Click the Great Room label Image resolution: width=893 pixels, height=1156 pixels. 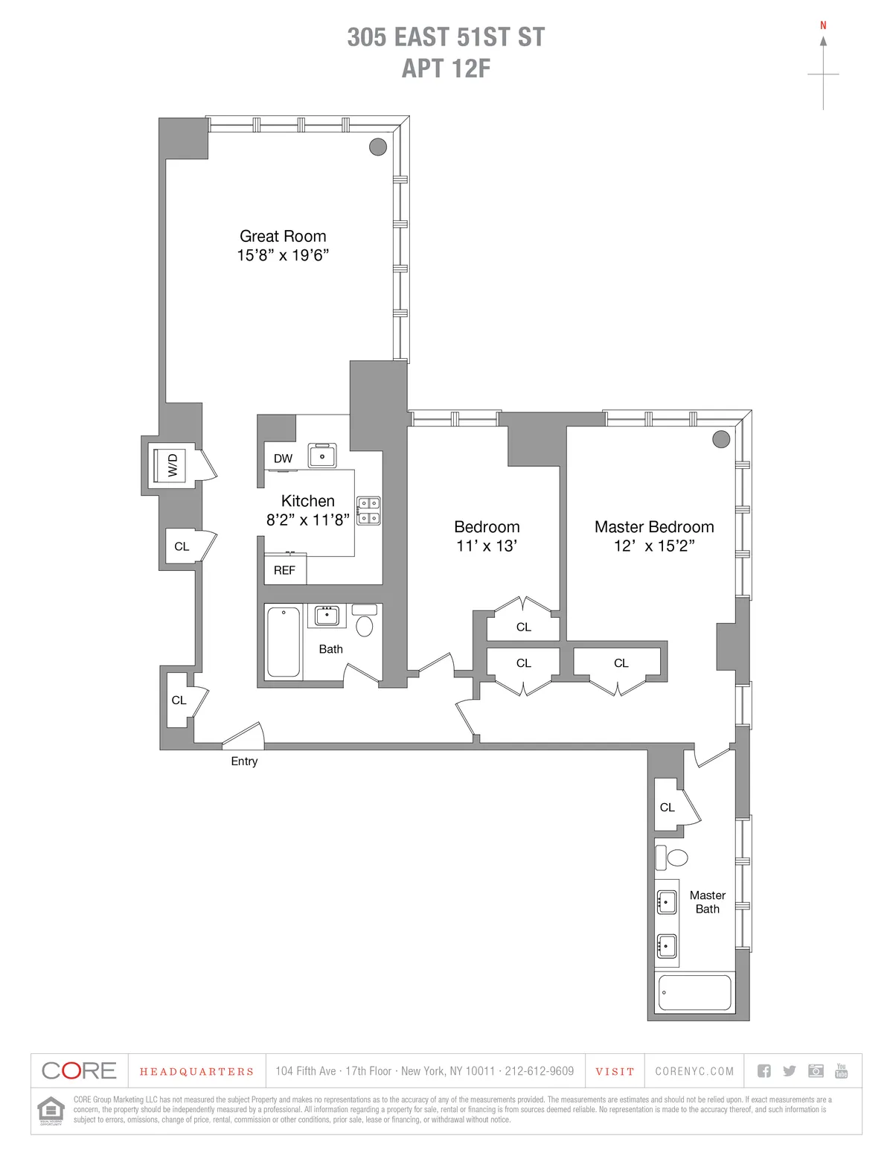coord(283,236)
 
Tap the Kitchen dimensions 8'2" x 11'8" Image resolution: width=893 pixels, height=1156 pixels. coord(307,520)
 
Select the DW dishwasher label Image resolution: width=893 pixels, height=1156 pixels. coord(283,459)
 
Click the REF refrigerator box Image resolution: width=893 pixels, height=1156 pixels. coord(284,570)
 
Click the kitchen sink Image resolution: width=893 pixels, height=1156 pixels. coord(322,456)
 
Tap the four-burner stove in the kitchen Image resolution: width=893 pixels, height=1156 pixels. coord(368,511)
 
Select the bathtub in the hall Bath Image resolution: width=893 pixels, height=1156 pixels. coord(283,642)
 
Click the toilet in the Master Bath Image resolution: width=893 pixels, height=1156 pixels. coord(674,857)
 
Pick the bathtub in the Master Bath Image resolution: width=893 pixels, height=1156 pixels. coord(694,993)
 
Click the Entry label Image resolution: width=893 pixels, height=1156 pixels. coord(244,761)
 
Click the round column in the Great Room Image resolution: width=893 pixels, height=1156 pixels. coord(378,147)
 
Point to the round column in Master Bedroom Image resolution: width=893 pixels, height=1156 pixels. coord(721,439)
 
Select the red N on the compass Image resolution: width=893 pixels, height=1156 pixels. coord(823,25)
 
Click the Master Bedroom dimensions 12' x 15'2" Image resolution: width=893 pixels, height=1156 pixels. coord(654,546)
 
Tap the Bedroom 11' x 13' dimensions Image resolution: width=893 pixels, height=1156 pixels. coord(487,546)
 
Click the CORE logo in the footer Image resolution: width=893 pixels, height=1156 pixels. coord(80,1071)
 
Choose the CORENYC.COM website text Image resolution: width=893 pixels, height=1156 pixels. coord(694,1071)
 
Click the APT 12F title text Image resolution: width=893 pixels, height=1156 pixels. coord(446,68)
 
